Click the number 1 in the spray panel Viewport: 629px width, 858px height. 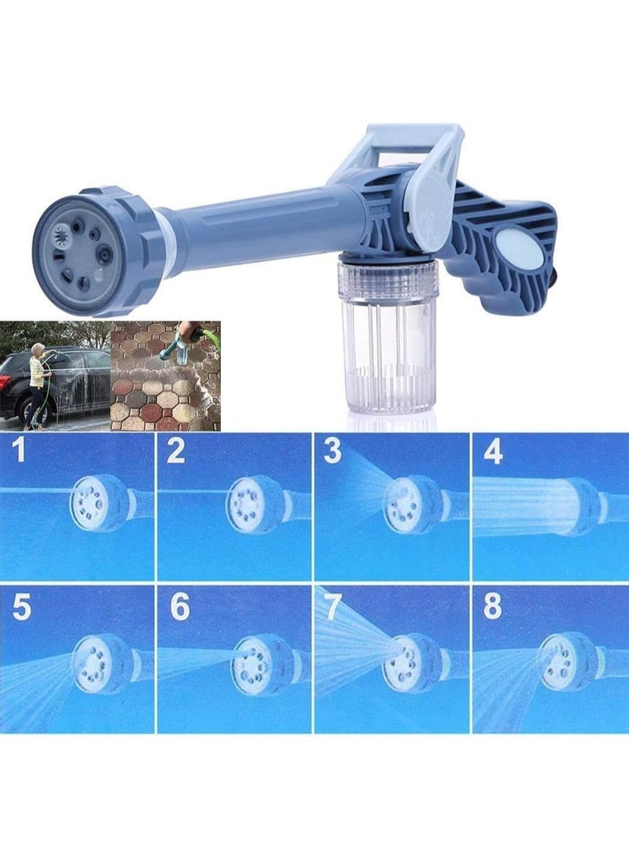(20, 452)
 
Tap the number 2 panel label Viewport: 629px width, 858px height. (176, 452)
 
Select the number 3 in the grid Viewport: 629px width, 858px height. (333, 452)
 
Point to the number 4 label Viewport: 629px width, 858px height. (493, 452)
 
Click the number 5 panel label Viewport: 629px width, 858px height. (21, 607)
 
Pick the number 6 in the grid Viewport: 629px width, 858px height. (180, 607)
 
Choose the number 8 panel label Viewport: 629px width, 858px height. (493, 607)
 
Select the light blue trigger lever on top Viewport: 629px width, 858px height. (405, 157)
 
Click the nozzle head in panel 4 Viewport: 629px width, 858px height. (578, 506)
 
